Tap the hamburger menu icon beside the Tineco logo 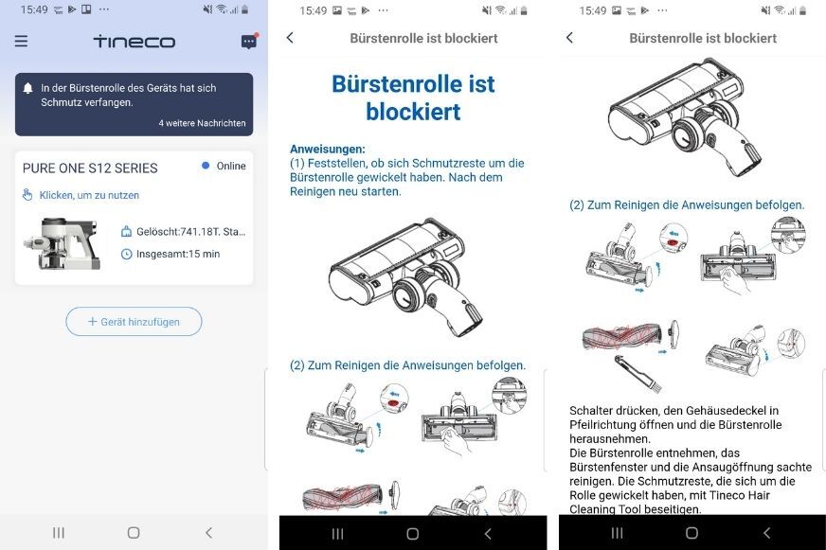(x=21, y=42)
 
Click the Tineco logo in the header (x=134, y=42)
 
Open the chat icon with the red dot (x=248, y=42)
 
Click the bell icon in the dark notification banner (x=28, y=88)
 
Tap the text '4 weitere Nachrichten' (x=202, y=123)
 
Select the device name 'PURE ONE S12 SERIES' (x=90, y=168)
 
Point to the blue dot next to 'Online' (x=206, y=166)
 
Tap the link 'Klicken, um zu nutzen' (x=88, y=195)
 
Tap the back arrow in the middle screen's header (x=290, y=38)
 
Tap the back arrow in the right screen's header (x=569, y=38)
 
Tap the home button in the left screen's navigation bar (x=133, y=533)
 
